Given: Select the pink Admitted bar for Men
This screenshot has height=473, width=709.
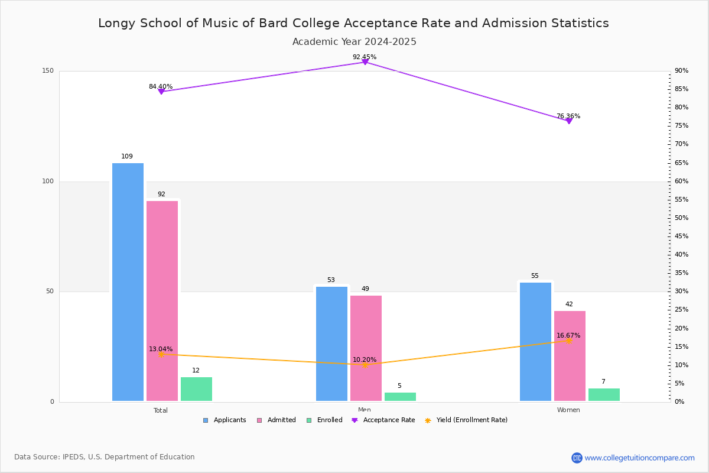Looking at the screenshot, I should click(x=366, y=348).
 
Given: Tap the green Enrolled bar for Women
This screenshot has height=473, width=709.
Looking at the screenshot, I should click(x=604, y=395).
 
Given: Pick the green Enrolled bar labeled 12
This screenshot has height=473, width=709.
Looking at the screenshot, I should click(x=196, y=389).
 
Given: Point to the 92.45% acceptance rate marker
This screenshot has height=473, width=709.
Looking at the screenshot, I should click(x=365, y=61).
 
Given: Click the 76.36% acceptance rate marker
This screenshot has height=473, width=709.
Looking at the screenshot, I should click(x=568, y=121).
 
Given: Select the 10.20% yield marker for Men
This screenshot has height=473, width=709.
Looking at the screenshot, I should click(x=365, y=365).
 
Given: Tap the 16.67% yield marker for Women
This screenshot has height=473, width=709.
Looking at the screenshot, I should click(x=568, y=341).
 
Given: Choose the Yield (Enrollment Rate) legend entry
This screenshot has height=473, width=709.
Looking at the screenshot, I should click(x=471, y=420).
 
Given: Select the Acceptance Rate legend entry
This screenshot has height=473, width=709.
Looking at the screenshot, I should click(x=389, y=420).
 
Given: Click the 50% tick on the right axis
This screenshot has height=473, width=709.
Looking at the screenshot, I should click(x=681, y=218).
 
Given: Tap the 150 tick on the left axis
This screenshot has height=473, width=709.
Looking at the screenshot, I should click(x=48, y=71).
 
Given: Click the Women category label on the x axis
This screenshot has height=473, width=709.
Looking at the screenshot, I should click(x=568, y=410).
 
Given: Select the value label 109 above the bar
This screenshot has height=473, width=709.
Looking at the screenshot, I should click(x=127, y=157).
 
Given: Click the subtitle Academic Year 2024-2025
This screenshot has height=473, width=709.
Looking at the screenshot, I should click(x=354, y=42).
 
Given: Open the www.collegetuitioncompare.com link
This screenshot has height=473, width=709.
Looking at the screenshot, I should click(x=639, y=458).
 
